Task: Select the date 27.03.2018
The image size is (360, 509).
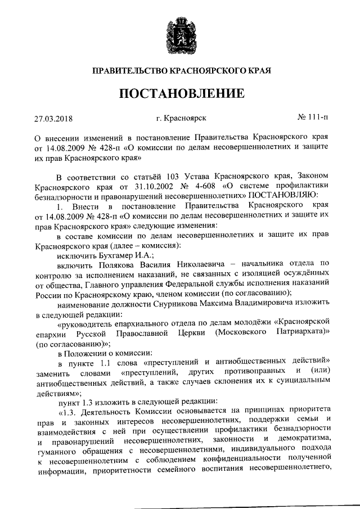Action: [53, 119]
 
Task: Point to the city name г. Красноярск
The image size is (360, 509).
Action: [181, 118]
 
